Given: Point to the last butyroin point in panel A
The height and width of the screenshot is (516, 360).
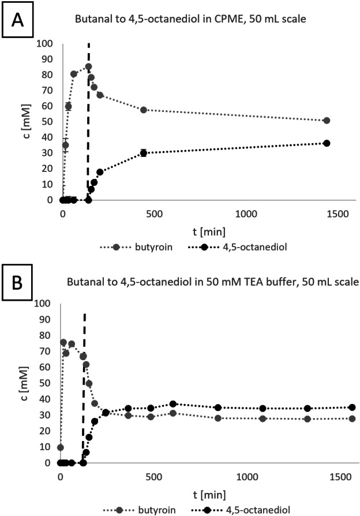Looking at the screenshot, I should pyautogui.click(x=327, y=121).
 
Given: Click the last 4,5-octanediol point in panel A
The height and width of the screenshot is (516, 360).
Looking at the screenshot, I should pyautogui.click(x=327, y=143).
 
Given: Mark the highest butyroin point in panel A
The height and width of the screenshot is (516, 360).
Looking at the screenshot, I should pyautogui.click(x=88, y=66).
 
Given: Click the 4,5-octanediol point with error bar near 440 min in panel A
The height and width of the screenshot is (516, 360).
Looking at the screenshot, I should pyautogui.click(x=143, y=153).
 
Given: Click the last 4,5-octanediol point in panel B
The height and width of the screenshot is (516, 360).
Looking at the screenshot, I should pyautogui.click(x=352, y=407).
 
